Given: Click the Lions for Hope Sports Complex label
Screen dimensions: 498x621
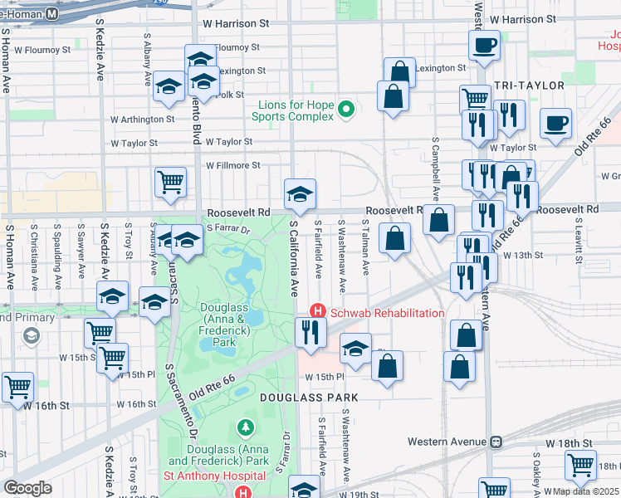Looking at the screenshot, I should (x=296, y=110).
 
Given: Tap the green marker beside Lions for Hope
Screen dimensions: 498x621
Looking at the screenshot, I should (x=348, y=108).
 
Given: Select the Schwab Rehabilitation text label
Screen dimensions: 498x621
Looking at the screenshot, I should (x=387, y=313).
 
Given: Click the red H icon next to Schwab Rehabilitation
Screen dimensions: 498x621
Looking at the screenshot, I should (x=316, y=312).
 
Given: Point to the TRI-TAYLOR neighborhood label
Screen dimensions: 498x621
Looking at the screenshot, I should (x=529, y=85).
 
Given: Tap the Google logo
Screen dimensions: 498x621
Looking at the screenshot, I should (x=27, y=487).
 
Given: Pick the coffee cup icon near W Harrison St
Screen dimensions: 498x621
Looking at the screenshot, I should (x=484, y=45).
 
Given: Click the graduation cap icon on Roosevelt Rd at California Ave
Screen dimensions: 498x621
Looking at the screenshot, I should (x=300, y=194).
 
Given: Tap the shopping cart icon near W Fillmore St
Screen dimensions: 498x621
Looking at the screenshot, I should (x=170, y=181).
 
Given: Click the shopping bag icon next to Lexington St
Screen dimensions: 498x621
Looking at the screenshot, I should (x=399, y=71).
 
